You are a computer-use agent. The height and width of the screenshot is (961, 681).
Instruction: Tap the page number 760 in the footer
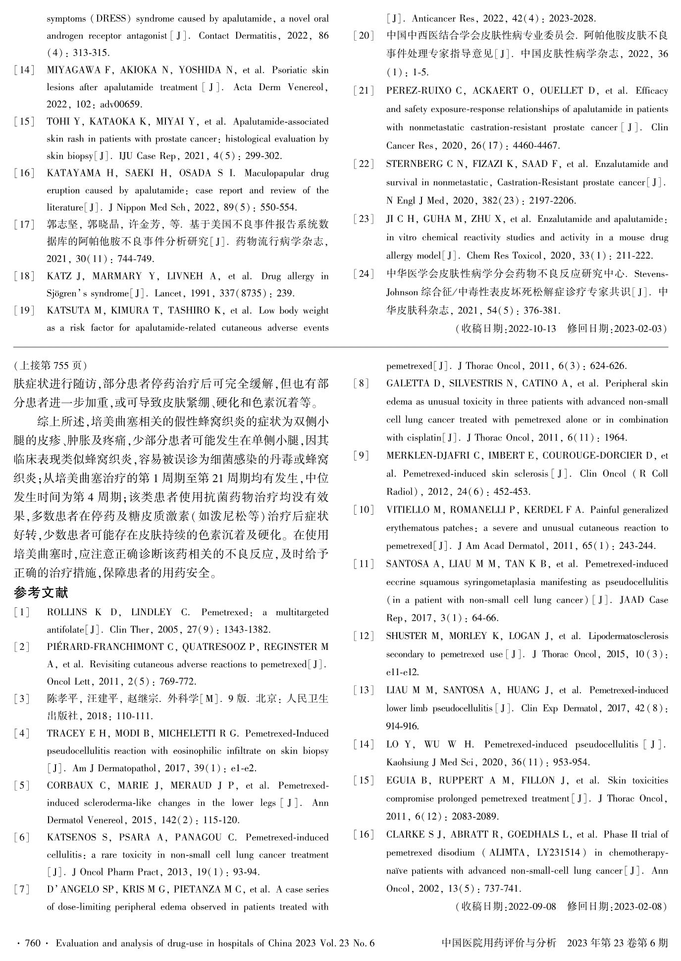33,943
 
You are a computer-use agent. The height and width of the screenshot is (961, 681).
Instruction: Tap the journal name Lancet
168,293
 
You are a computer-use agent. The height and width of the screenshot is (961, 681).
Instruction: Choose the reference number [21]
364,91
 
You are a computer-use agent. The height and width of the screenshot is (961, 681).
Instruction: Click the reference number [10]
364,510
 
